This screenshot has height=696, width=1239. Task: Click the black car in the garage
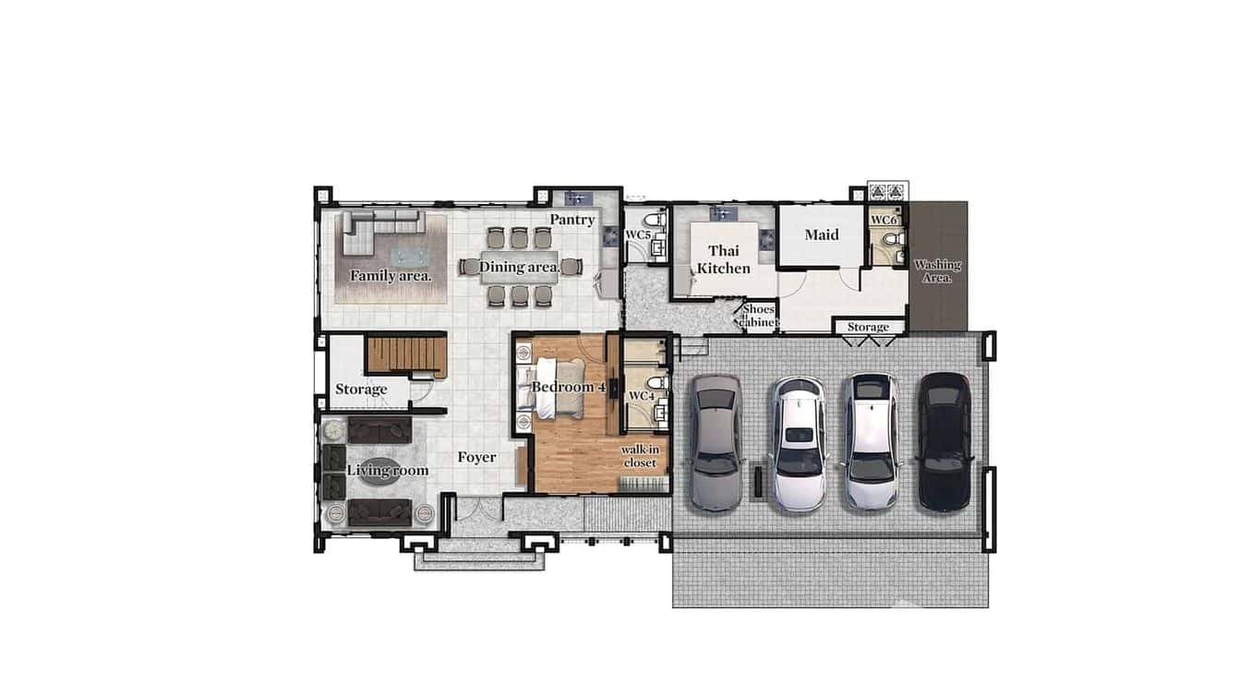943,441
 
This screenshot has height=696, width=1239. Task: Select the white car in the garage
800,443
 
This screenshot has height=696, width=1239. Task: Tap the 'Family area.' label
391,275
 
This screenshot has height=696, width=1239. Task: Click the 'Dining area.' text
519,268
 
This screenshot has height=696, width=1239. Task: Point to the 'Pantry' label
572,220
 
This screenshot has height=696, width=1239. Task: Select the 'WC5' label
638,235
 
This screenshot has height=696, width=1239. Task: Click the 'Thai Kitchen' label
723,259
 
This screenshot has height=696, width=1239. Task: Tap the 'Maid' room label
821,234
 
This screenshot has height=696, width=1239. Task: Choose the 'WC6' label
884,221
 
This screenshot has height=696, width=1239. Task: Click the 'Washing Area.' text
937,270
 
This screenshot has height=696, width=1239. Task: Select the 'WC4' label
641,396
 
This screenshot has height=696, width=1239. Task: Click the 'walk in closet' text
639,455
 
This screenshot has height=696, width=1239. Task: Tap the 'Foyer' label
476,457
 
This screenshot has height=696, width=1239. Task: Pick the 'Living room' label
387,471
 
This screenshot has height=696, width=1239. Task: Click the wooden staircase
406,355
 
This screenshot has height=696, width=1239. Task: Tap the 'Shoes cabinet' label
759,316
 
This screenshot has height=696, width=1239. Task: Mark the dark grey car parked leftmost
716,441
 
